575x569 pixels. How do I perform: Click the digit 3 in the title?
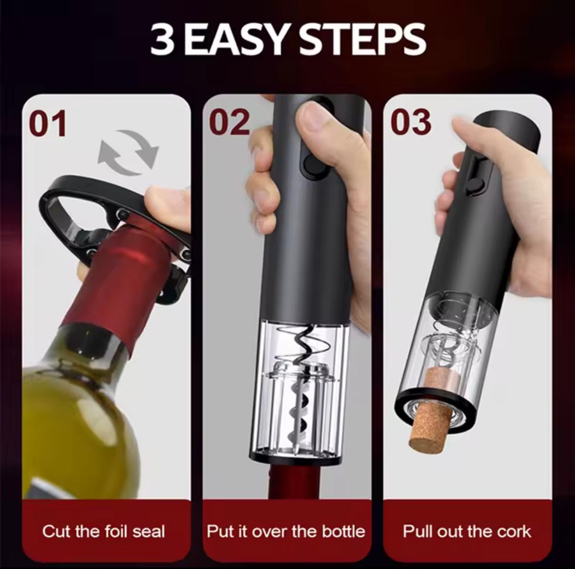point(162,39)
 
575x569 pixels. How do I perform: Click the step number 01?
point(48,123)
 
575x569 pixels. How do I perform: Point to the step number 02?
point(229,122)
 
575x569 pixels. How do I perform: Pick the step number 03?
point(410,122)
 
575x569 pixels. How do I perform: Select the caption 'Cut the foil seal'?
point(104,531)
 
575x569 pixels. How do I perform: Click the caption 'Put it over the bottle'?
point(286,531)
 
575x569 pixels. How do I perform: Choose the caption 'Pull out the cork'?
point(467,531)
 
